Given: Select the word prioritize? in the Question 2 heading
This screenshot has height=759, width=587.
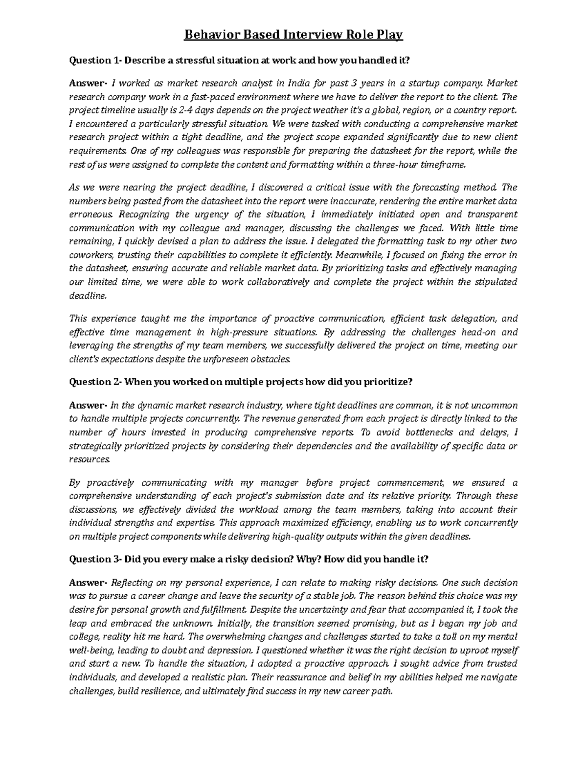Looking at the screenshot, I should click(388, 382).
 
